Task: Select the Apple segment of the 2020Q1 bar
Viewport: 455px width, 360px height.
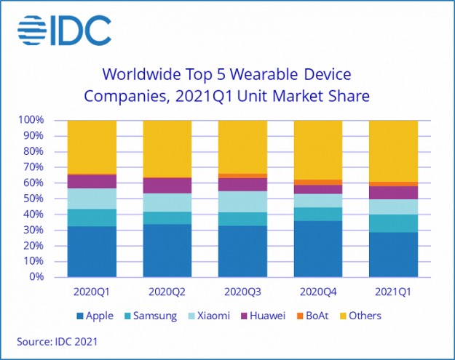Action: pyautogui.click(x=92, y=252)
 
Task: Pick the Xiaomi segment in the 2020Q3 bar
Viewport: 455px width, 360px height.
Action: pyautogui.click(x=242, y=201)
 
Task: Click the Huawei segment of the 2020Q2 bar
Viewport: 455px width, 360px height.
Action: pyautogui.click(x=167, y=185)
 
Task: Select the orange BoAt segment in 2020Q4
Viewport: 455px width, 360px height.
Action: pyautogui.click(x=318, y=182)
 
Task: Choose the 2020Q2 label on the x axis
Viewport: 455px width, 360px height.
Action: pyautogui.click(x=167, y=292)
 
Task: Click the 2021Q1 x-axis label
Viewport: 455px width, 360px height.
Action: pyautogui.click(x=393, y=292)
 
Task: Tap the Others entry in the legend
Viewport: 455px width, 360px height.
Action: pyautogui.click(x=360, y=316)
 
